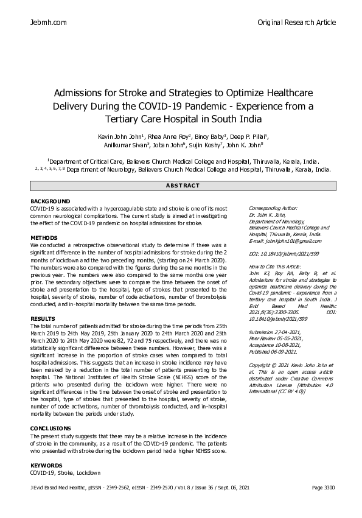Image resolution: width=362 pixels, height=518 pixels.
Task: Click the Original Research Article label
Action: [296, 23]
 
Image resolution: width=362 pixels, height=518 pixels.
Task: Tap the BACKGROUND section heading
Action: [50, 201]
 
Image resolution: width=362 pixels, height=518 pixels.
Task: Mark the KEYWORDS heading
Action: [46, 465]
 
